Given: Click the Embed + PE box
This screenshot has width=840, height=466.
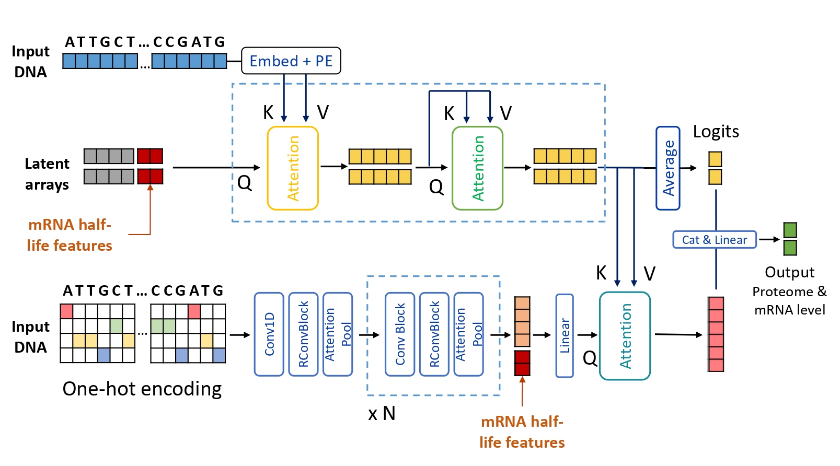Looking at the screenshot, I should coord(291,61).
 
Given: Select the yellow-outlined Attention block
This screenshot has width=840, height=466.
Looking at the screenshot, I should coord(293,168).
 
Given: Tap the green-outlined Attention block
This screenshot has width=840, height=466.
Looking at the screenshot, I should coord(477,168).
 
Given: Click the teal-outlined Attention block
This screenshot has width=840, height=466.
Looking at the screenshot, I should coord(625,335).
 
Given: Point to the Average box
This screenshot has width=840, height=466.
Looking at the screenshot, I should coord(668,168).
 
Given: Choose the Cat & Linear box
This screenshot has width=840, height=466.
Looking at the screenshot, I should coord(714,240).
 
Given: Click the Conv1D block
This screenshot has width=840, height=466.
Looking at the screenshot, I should coord(269,334).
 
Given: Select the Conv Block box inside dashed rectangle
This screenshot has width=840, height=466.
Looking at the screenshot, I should coord(400,334).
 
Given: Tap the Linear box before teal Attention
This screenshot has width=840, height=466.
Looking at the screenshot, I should coord(565,335).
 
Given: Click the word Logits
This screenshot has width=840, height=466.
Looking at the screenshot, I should coord(716,132).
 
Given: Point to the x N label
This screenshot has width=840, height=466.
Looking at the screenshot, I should coord(382,414).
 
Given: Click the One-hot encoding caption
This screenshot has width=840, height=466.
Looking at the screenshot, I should coord(142,389).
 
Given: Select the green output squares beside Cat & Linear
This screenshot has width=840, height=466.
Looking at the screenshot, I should coord(790,239).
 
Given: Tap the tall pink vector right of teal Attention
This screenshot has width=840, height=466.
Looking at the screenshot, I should coord(716,334).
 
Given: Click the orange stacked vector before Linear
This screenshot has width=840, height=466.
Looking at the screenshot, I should coord(522,321).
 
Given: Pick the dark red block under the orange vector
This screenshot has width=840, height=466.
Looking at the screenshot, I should coord(522,363).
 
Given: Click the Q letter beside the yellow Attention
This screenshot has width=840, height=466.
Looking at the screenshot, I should coord(245,183).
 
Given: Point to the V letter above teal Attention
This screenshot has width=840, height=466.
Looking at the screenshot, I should coord(649,274).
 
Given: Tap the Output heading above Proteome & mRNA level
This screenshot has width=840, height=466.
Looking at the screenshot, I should coord(789,272).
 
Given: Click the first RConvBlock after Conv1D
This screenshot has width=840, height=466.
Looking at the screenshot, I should coord(304,334).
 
